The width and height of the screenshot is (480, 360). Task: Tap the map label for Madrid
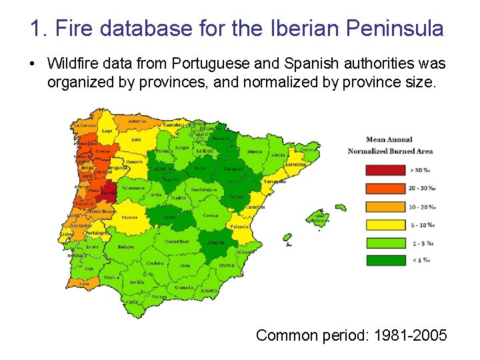pos(178,198)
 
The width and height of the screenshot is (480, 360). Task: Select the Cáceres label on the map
pos(129,217)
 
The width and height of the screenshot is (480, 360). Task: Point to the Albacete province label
pos(216,243)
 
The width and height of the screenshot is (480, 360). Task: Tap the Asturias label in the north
pos(137,122)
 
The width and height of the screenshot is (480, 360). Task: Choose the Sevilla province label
pos(137,282)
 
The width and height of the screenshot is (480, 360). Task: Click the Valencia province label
pos(239,227)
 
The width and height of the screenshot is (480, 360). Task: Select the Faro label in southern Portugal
pos(85,283)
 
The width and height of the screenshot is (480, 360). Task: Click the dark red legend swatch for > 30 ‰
pos(385,170)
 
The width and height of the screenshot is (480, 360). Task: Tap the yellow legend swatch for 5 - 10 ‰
pos(385,225)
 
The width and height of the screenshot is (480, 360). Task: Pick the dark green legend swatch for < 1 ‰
pos(385,260)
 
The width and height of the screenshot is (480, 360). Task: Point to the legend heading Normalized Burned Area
pos(390,151)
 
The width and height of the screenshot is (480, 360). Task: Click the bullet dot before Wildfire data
pos(33,64)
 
